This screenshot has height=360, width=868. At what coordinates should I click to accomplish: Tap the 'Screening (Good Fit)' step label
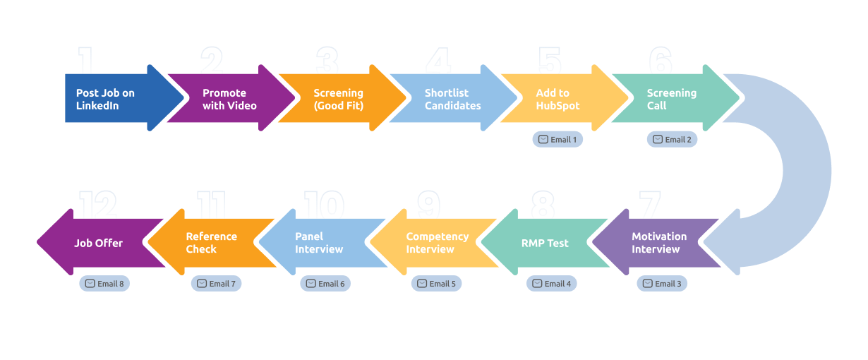[338, 100]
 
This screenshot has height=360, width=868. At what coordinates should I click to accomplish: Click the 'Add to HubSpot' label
[557, 100]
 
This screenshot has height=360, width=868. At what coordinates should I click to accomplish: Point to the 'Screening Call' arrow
[674, 98]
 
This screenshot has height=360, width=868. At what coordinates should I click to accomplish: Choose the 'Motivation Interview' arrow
[655, 243]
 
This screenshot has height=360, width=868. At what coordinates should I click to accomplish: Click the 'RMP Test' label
[545, 243]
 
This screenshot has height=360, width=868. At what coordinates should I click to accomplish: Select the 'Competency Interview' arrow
[434, 243]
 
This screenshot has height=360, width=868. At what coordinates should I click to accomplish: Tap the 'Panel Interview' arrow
[322, 243]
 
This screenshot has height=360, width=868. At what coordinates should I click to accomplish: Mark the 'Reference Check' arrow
[211, 243]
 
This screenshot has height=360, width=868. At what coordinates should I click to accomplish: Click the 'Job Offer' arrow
[101, 243]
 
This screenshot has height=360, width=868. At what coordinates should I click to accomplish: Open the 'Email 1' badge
[557, 140]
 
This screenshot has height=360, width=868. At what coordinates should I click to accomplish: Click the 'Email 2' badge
[672, 140]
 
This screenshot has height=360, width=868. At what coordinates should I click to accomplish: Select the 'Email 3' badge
[662, 284]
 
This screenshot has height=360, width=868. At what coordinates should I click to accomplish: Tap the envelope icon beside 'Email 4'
[537, 283]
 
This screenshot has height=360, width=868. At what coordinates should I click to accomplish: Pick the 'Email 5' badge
[436, 284]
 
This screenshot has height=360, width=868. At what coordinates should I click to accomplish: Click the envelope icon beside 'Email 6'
[311, 283]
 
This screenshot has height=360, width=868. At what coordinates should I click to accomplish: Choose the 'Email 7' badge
[216, 284]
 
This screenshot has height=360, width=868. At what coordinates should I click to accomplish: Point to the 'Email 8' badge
[104, 284]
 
